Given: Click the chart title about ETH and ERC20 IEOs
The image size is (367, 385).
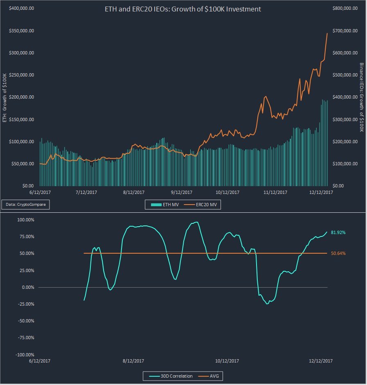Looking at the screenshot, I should click(183, 9).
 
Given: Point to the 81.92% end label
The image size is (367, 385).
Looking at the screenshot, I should click(338, 232).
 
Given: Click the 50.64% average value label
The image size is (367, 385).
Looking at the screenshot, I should click(338, 253).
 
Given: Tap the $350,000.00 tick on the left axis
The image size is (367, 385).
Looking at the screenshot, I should click(21, 31).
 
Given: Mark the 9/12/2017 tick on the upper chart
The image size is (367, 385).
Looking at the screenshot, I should click(181, 192).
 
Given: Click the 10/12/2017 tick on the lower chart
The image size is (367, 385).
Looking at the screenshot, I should click(227, 360).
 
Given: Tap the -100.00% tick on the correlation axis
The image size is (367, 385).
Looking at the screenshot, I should click(25, 355).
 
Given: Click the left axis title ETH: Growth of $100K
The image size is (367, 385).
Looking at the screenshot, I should click(5, 97).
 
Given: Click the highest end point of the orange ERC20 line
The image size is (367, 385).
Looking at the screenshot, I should click(327, 33).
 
